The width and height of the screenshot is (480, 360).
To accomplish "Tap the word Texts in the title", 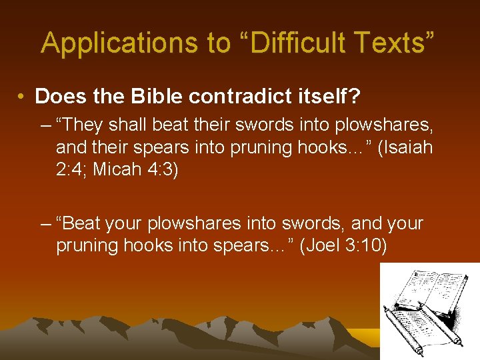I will [395, 43].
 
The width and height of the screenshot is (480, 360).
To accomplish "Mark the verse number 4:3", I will [163, 169].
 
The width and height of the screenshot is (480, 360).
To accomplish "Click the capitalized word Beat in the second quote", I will [79, 223].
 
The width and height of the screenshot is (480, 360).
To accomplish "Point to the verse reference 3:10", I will [368, 246].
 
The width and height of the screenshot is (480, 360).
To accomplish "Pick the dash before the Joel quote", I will [45, 223].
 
